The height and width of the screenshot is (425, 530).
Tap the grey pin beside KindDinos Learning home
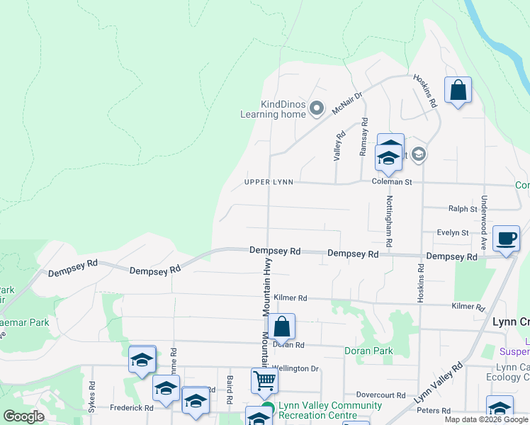pos(317,108)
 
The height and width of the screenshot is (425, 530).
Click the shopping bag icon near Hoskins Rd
pos(458,91)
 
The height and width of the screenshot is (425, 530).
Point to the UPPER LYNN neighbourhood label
pos(269,182)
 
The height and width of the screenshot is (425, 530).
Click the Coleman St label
pos(392,182)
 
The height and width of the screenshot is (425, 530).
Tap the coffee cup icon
pos(506,239)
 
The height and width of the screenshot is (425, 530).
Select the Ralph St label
pos(463,209)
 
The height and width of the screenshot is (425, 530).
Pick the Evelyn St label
pos(453,232)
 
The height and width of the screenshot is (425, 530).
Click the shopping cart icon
pos(264,380)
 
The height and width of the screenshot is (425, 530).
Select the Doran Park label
pos(368,351)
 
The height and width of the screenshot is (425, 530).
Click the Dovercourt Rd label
pos(380,395)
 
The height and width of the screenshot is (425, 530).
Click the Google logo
pos(23,416)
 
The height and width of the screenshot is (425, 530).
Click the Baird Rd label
pos(229,386)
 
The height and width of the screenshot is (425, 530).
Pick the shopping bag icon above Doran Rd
pos(281,327)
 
